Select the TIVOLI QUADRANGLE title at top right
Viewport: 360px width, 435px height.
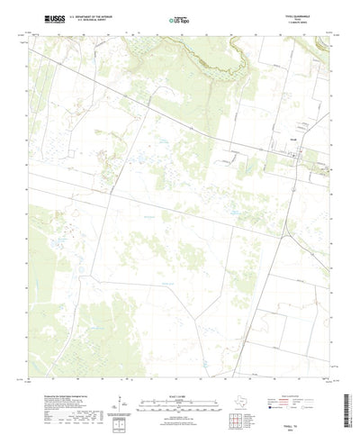[307, 15]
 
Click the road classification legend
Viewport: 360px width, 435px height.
[306, 364]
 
